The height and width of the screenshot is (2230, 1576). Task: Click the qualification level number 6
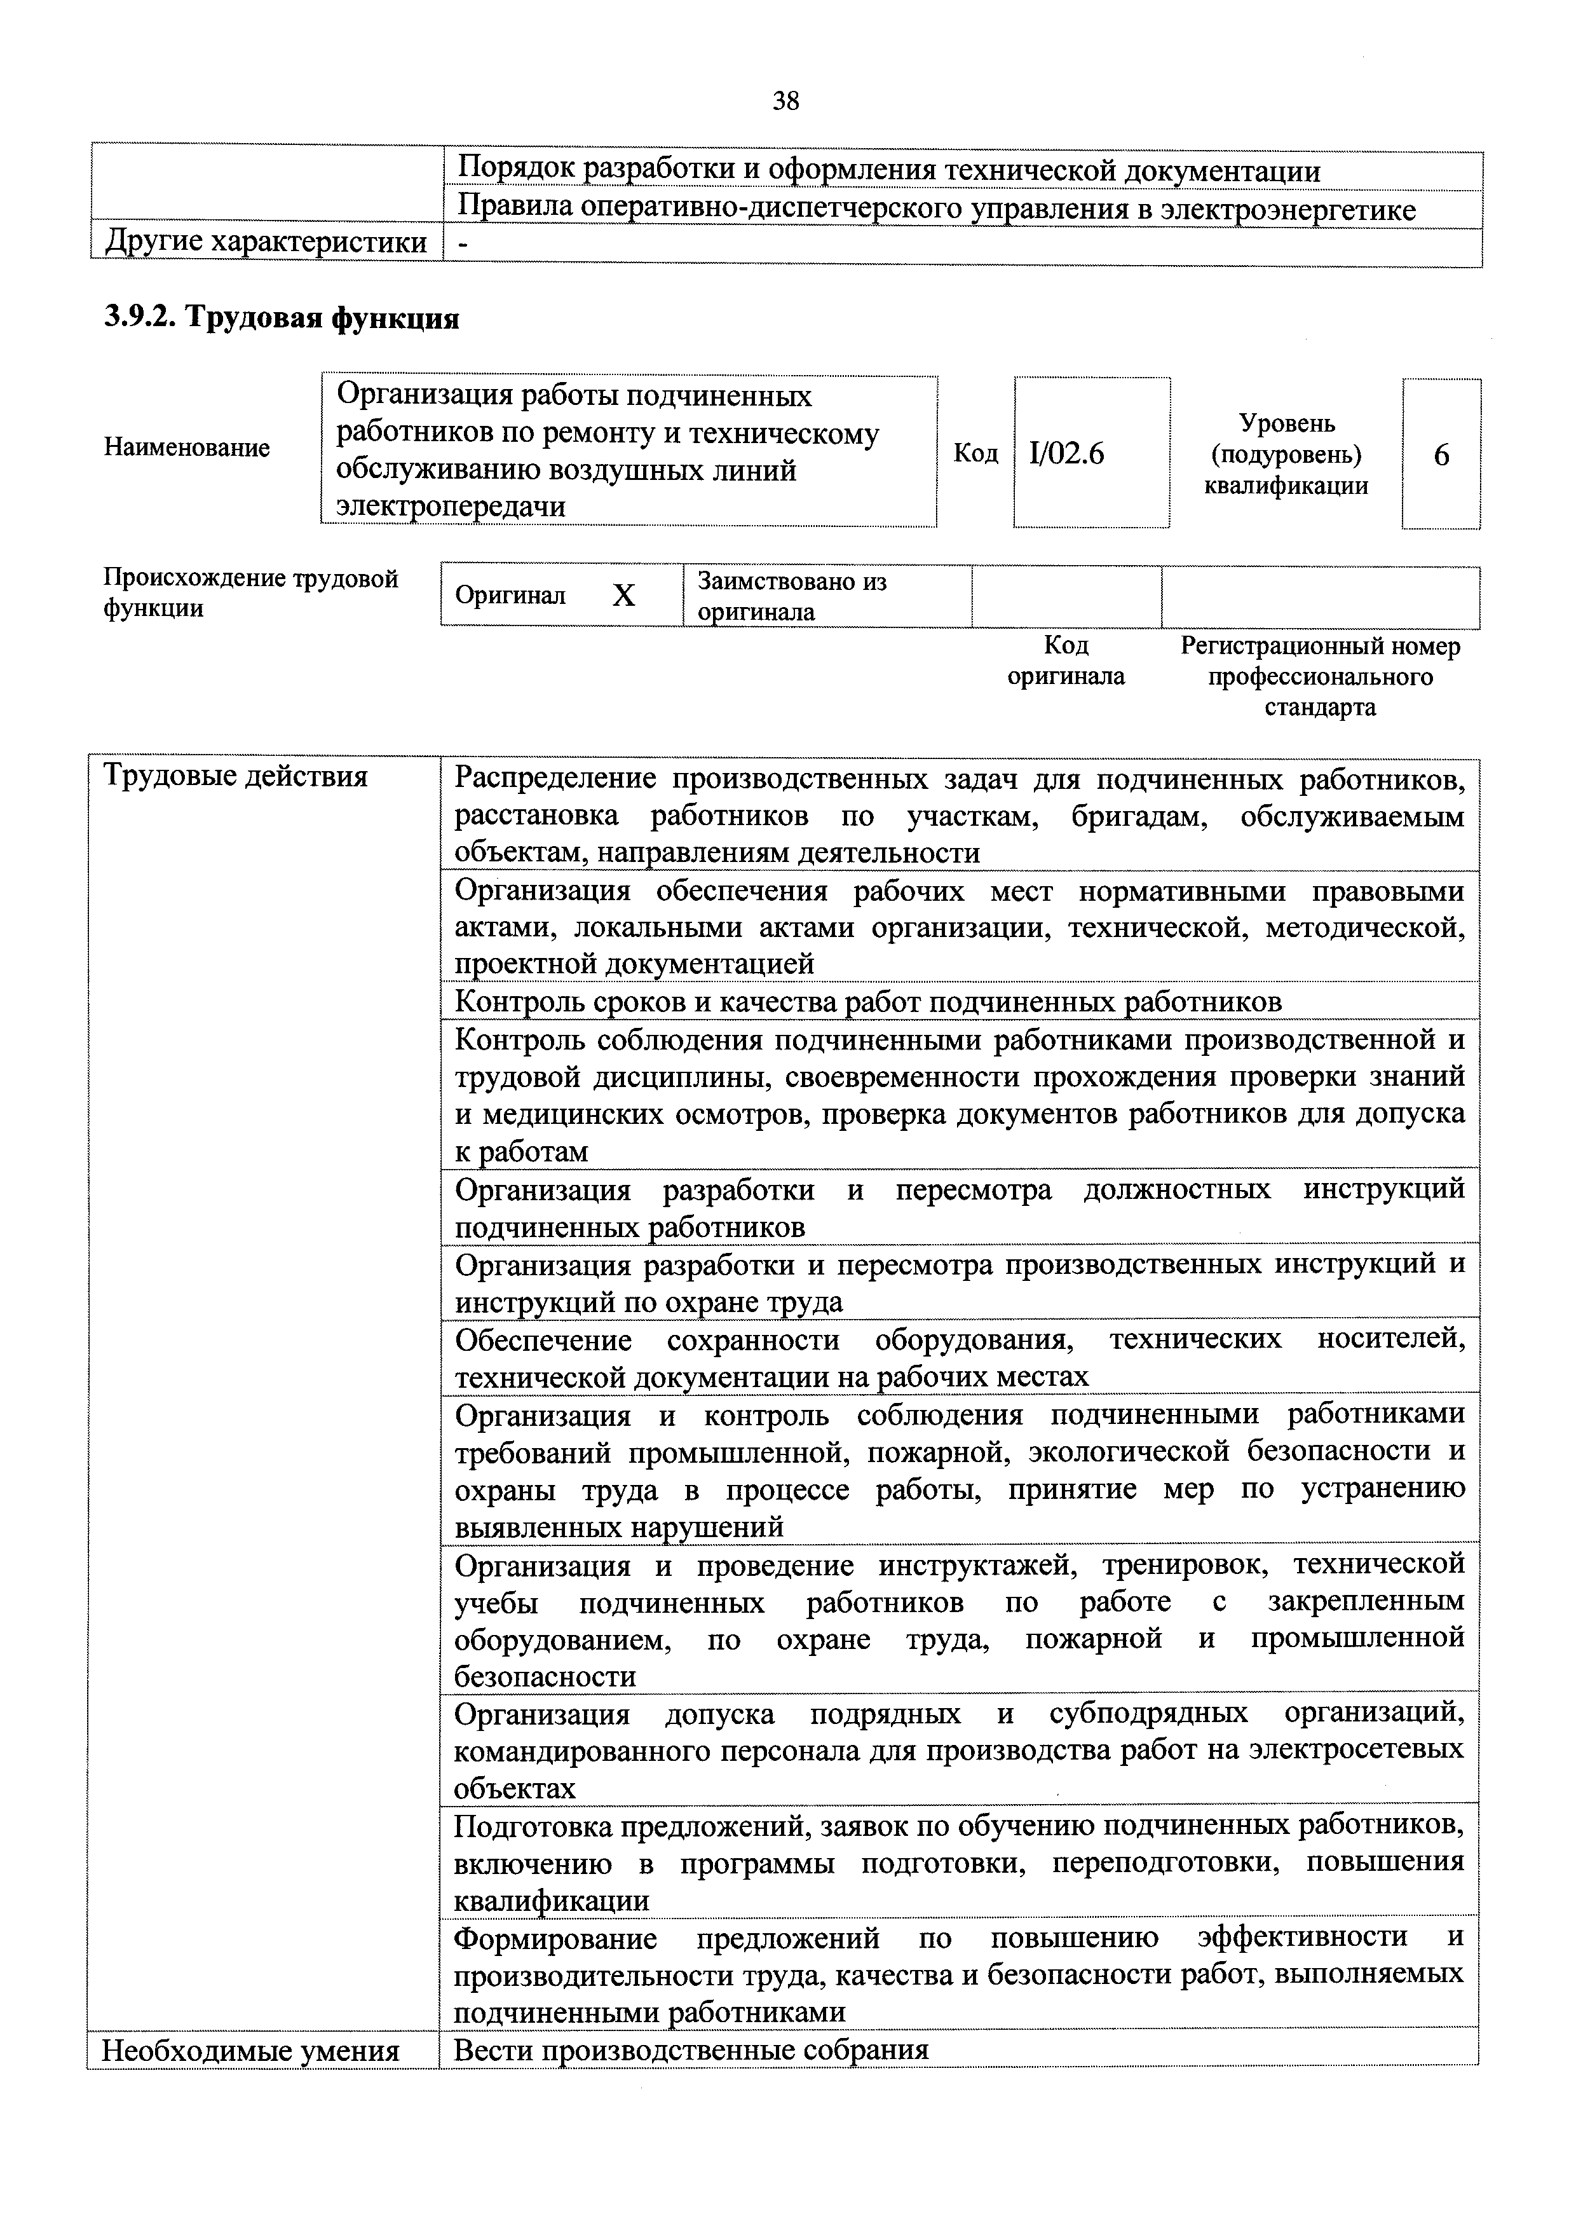[x=1441, y=455]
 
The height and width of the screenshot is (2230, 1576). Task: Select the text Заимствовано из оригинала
[x=791, y=596]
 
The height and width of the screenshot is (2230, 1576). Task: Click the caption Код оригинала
[x=1066, y=660]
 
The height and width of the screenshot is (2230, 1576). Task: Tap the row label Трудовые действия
[x=235, y=776]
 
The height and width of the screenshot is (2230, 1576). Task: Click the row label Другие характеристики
[x=265, y=242]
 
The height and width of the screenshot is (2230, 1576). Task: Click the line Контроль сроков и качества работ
[x=868, y=1001]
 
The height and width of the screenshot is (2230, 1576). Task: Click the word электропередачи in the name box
[x=451, y=506]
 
